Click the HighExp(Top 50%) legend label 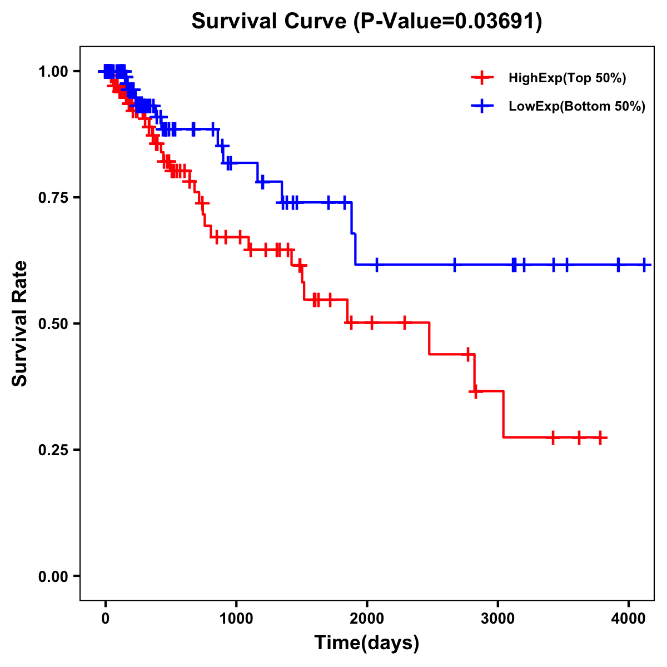(568, 78)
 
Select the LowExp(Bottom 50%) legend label (577, 107)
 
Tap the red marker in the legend (482, 78)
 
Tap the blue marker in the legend (482, 106)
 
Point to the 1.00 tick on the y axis (54, 72)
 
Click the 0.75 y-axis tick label (54, 198)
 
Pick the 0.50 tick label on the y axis (54, 324)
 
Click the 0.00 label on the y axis (54, 576)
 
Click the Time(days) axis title (367, 643)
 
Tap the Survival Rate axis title (20, 323)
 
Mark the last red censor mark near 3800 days (600, 437)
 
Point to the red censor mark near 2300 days (404, 322)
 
